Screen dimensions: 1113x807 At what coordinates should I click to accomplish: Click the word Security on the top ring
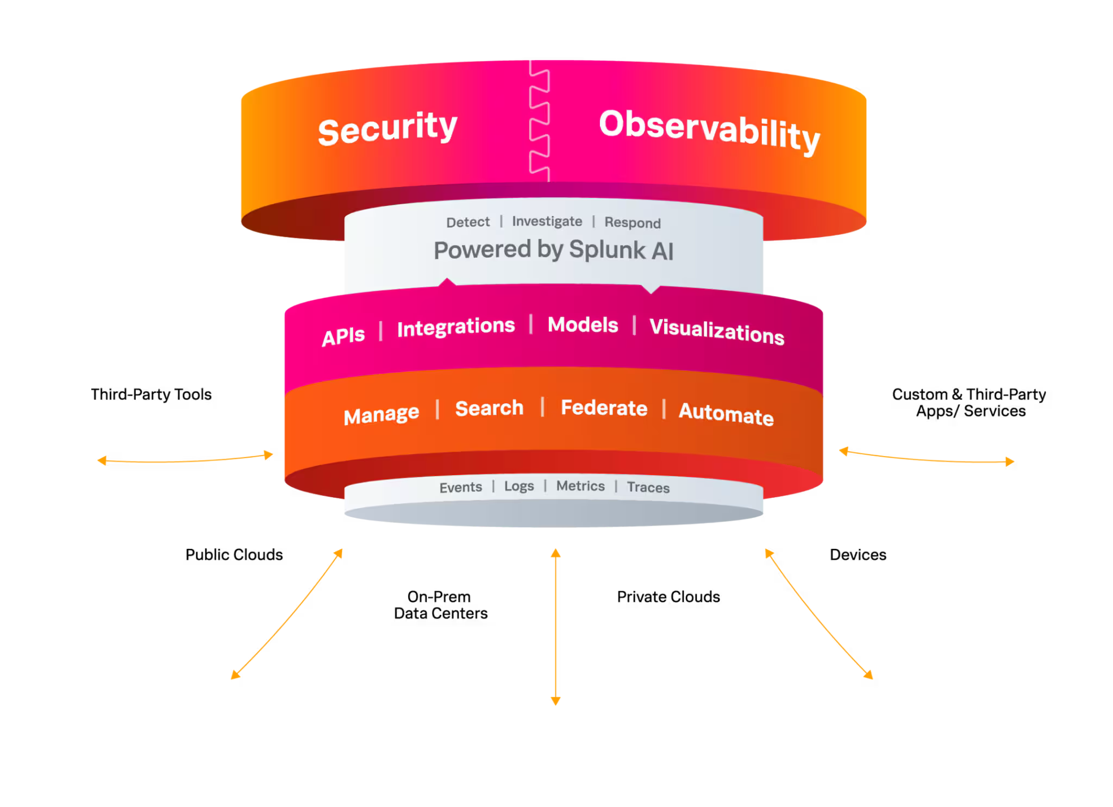tap(387, 128)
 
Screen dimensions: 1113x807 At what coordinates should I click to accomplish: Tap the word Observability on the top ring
tap(710, 131)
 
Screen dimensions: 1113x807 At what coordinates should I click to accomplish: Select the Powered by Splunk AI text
tap(553, 250)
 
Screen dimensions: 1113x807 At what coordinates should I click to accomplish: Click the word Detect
tap(468, 222)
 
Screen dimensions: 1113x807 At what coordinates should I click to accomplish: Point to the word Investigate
tap(547, 221)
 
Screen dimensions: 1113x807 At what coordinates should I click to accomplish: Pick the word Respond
tap(633, 223)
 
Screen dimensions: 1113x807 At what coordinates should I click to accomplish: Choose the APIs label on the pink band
tap(343, 336)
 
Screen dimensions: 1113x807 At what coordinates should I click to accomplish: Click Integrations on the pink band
tap(456, 327)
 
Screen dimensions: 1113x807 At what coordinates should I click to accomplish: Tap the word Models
tap(583, 324)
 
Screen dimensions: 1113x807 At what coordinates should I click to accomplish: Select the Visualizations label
tap(717, 331)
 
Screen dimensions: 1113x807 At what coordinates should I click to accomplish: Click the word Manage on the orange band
tap(382, 415)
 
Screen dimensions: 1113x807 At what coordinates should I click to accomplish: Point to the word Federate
tap(604, 408)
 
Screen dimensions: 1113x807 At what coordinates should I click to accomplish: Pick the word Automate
tap(726, 414)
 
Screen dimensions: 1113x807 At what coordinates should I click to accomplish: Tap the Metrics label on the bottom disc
tap(580, 486)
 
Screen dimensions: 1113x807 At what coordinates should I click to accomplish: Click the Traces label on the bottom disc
tap(648, 487)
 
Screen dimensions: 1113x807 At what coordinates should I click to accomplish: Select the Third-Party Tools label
tap(151, 395)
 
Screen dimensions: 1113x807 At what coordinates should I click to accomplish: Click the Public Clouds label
tap(234, 555)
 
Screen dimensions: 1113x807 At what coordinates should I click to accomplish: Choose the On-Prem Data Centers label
tap(441, 605)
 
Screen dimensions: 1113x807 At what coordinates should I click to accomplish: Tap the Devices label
tap(858, 555)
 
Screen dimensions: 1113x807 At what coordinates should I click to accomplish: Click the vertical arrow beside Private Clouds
tap(555, 627)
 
